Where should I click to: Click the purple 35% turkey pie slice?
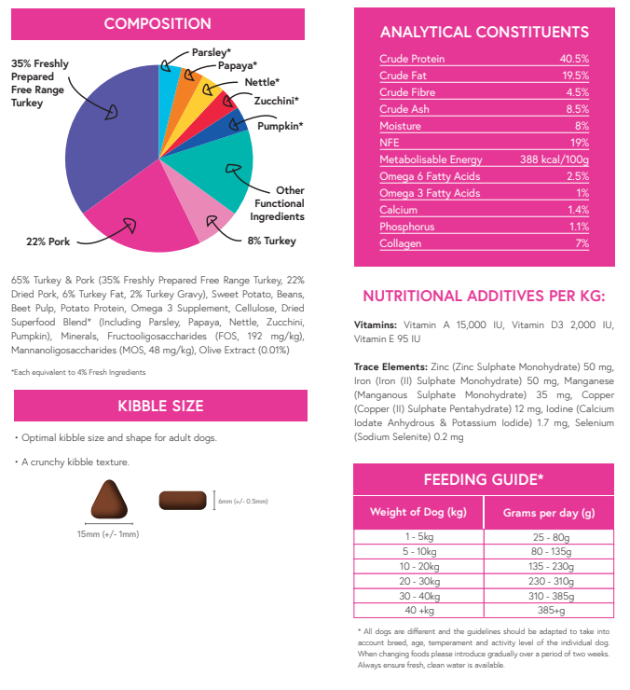click(103, 140)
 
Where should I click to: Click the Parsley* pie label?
click(212, 52)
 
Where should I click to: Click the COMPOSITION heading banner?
click(157, 23)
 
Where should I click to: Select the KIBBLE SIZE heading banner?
click(160, 406)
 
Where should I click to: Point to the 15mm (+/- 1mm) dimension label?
click(108, 534)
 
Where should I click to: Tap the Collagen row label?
click(400, 243)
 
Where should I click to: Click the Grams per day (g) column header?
click(549, 513)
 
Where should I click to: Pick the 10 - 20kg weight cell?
click(418, 566)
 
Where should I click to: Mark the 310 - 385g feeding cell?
click(549, 596)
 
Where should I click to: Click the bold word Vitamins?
click(377, 324)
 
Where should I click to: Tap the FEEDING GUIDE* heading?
click(484, 479)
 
